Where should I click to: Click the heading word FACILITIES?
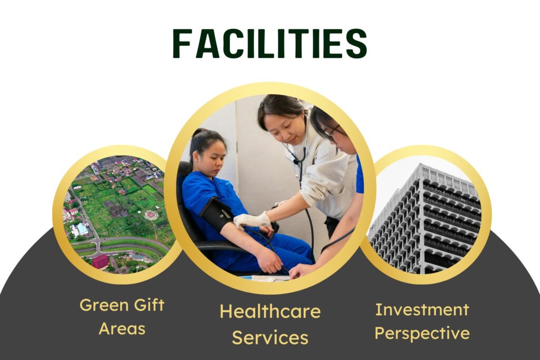tap(269, 43)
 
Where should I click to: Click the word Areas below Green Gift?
tap(122, 329)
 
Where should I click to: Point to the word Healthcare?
tap(270, 312)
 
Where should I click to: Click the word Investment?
tap(422, 309)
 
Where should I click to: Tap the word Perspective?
tap(422, 333)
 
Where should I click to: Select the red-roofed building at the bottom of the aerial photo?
tap(100, 261)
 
